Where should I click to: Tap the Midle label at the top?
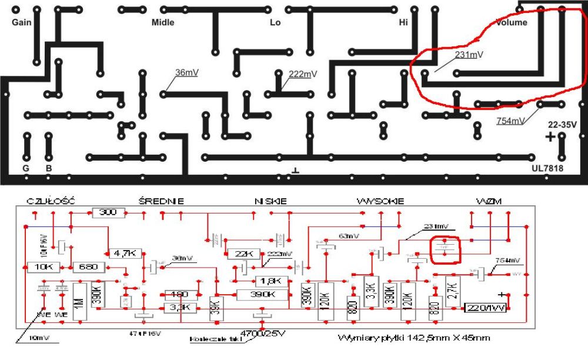(163, 22)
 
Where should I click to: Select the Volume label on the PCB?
(512, 22)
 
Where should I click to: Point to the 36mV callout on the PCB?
(187, 72)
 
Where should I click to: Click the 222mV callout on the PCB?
(303, 74)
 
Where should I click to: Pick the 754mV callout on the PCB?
(511, 121)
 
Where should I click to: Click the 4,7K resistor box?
(124, 254)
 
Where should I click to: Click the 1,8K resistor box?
(270, 281)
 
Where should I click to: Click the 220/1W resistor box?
(486, 308)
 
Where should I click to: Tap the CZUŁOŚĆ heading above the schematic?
(51, 201)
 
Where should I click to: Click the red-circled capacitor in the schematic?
(445, 249)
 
